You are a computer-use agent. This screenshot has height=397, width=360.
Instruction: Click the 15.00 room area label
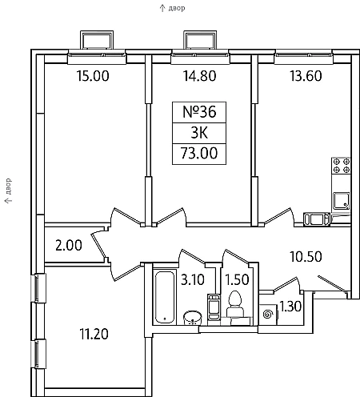[93, 76]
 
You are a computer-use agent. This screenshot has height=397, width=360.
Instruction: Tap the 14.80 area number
[199, 76]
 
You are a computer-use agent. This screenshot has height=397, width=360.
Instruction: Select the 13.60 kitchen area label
[306, 76]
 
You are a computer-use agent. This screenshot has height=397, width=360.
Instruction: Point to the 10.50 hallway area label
[306, 257]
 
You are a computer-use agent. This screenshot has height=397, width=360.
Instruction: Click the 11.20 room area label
[94, 334]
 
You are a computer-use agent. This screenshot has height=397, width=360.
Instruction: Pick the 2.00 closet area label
[69, 246]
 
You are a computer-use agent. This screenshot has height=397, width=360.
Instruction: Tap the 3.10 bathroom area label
[193, 280]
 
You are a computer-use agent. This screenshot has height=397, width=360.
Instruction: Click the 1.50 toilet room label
[237, 280]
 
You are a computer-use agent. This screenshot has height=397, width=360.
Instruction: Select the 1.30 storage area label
[290, 307]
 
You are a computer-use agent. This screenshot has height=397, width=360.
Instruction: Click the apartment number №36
[199, 112]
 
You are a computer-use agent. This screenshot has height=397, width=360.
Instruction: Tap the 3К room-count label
[199, 133]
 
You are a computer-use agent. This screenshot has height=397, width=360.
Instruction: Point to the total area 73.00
[199, 154]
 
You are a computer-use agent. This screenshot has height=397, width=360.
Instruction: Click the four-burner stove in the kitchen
[341, 166]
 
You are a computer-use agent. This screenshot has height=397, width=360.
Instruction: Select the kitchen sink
[341, 201]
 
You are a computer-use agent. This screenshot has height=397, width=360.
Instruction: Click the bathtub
[165, 297]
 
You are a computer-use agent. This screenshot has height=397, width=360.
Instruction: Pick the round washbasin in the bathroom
[192, 318]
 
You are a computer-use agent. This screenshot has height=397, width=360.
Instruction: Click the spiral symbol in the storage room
[267, 315]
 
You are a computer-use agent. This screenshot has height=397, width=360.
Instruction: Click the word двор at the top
[177, 8]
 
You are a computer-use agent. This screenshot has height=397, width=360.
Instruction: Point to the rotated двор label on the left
[9, 186]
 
